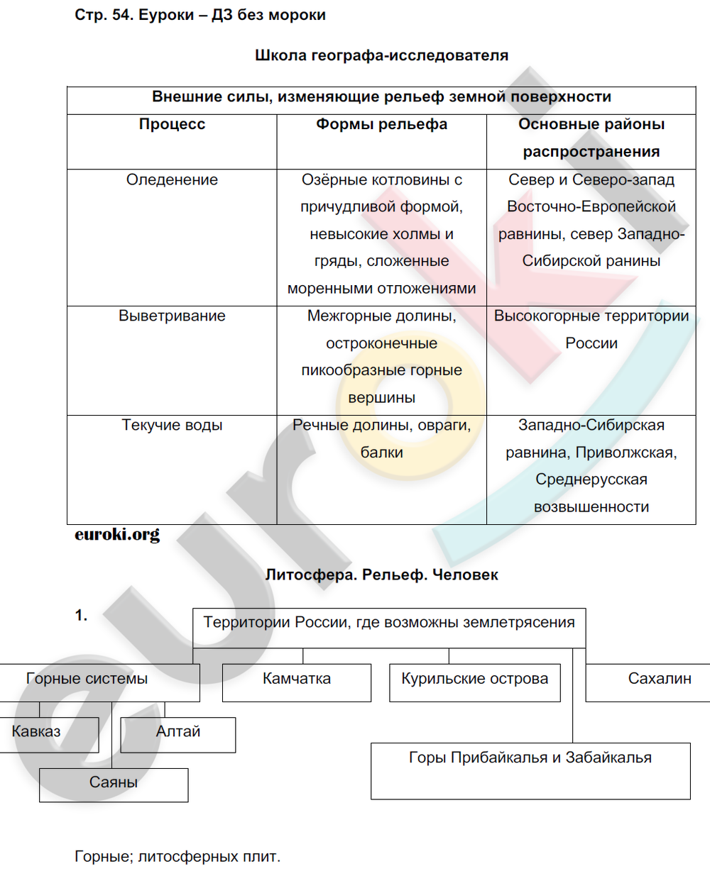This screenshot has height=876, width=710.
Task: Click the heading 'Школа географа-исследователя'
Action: click(x=381, y=55)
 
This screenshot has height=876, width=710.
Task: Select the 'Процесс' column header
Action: click(x=172, y=125)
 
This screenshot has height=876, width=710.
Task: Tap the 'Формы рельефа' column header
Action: click(x=381, y=125)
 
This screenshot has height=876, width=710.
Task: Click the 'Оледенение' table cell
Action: click(x=172, y=180)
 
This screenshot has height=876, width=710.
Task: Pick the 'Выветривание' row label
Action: click(x=172, y=316)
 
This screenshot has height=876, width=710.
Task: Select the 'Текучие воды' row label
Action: click(x=172, y=426)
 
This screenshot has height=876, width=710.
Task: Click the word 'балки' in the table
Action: click(x=381, y=453)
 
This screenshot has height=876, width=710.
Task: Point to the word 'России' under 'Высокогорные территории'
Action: click(x=591, y=343)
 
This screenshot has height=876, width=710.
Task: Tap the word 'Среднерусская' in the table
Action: click(x=591, y=479)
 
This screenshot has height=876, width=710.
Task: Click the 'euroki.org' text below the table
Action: click(x=117, y=534)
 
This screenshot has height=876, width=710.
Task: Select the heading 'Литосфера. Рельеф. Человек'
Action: click(x=381, y=575)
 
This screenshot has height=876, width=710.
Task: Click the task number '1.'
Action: click(x=82, y=616)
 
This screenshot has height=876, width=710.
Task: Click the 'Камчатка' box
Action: click(x=297, y=682)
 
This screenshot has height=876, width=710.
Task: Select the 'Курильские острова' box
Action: click(x=475, y=682)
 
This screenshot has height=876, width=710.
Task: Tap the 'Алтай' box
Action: click(x=178, y=733)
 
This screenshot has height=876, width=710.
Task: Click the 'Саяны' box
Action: click(x=114, y=784)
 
